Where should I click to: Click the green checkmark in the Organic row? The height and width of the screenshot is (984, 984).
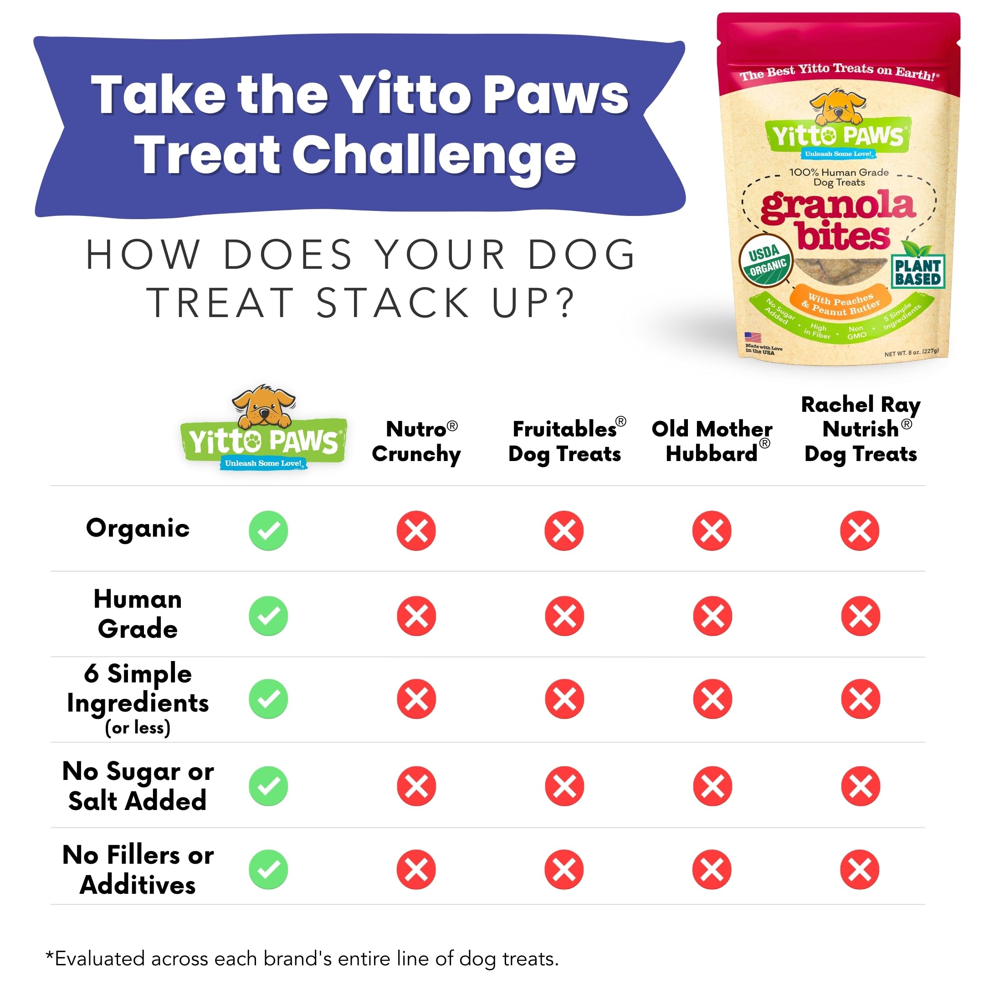pos(268,530)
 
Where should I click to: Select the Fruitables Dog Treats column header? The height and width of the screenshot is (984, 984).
pos(565,441)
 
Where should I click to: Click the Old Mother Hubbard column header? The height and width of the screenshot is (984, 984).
pos(712,441)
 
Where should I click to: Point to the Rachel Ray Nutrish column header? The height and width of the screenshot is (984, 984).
pos(860,429)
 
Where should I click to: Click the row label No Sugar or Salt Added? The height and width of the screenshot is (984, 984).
pos(138,785)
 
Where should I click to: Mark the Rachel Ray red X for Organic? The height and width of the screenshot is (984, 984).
pos(860,530)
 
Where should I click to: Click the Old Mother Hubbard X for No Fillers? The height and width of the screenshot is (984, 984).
pos(712,869)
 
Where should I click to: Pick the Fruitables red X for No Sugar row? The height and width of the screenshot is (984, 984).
pos(564,786)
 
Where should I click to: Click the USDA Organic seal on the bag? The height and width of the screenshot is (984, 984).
pos(765,260)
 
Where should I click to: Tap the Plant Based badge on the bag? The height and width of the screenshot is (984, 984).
pos(918,272)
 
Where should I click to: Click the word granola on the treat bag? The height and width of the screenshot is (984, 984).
pos(838,206)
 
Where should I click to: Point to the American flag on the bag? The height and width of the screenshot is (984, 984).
pos(753,337)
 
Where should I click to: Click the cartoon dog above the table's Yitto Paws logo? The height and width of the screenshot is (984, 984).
pos(263,406)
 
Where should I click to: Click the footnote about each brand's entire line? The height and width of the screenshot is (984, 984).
pos(302,958)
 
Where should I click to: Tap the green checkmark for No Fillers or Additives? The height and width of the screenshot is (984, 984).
pos(268,869)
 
